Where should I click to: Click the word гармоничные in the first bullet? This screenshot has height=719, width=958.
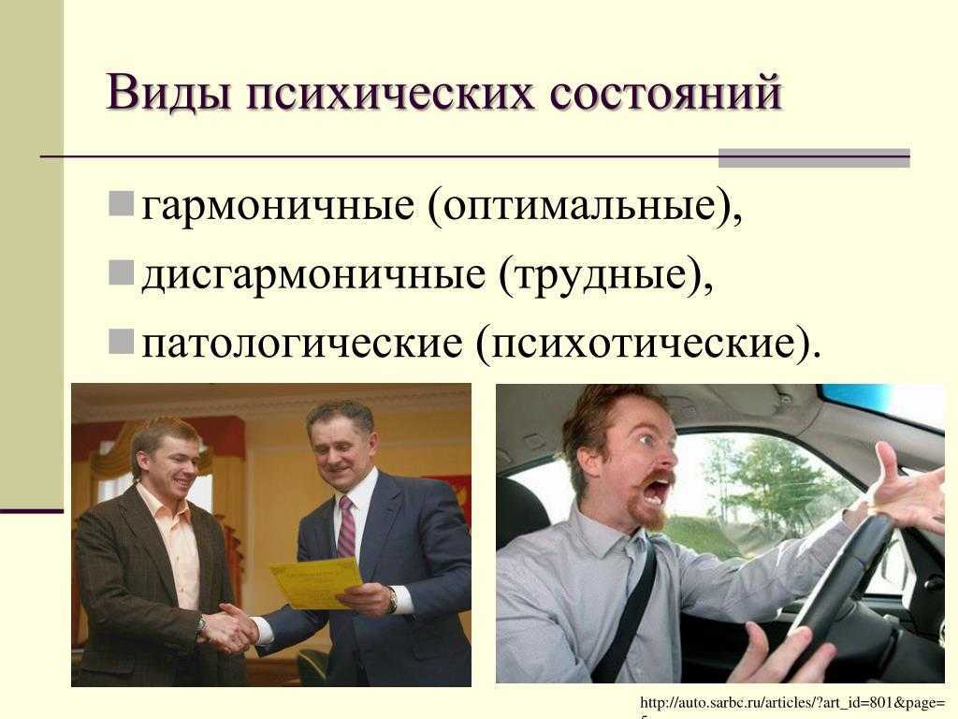point(278,207)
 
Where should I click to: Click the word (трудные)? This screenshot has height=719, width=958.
point(605,276)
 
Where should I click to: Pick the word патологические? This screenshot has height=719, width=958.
point(302,345)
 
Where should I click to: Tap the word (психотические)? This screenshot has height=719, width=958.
point(648,345)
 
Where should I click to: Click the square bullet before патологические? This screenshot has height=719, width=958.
point(121,342)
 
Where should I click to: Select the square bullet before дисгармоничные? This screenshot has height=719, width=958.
point(121,273)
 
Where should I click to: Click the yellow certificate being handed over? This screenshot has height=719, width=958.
point(316,582)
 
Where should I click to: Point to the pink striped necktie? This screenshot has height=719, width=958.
point(346,527)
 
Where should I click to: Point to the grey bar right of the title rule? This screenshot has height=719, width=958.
point(814,157)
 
